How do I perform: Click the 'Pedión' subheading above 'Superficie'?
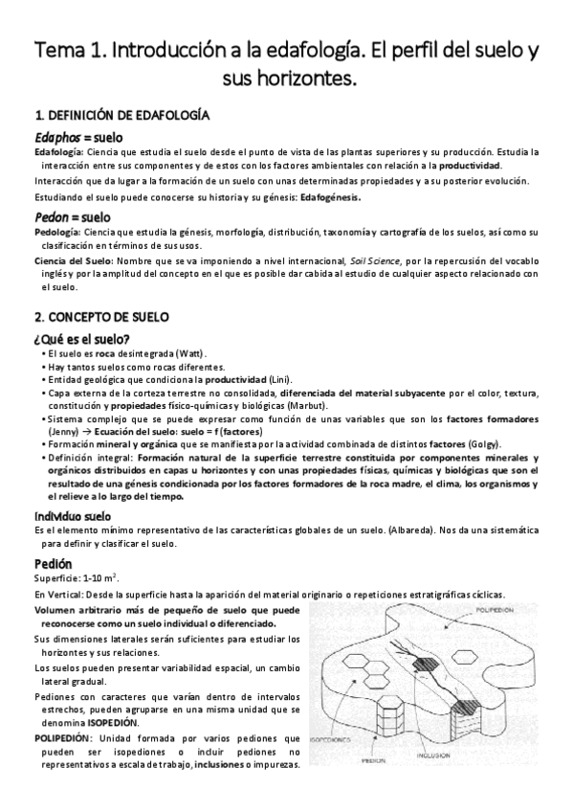(52, 563)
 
